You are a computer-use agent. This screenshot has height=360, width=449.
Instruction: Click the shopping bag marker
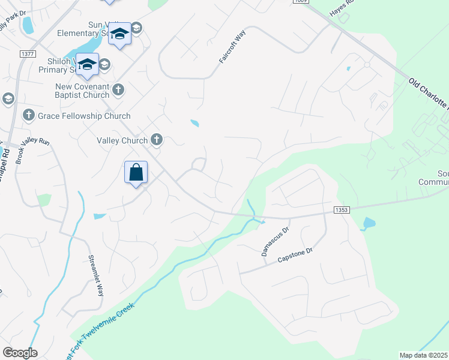[136, 173]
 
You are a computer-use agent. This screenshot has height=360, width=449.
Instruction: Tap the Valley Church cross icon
[157, 140]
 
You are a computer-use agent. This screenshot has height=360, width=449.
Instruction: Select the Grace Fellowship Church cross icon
[28, 115]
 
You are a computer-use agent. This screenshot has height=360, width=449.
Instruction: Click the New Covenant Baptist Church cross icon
[118, 91]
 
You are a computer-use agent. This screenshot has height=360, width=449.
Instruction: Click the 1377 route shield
[28, 54]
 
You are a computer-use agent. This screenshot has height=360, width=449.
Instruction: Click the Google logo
[20, 353]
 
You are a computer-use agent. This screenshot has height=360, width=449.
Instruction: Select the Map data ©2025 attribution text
[424, 355]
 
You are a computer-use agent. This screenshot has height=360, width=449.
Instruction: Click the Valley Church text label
[122, 140]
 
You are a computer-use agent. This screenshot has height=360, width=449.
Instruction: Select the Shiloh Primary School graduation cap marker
[87, 64]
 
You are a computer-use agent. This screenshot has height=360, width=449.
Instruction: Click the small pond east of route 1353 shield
[368, 224]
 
